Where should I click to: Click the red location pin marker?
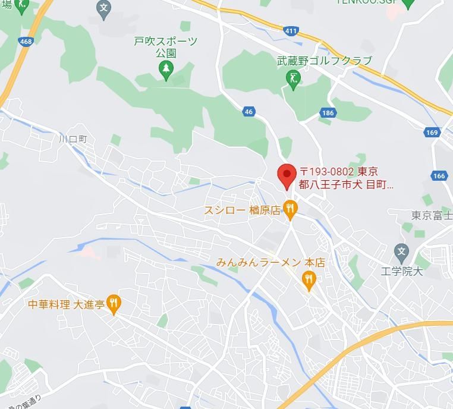point(287,175)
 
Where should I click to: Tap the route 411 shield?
point(291,31)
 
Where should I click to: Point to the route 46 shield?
point(248,111)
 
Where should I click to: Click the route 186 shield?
point(328,112)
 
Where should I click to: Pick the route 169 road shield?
point(432,133)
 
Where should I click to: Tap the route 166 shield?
point(439,176)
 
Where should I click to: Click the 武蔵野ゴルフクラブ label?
point(324,61)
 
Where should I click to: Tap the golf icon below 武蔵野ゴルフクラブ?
point(292,78)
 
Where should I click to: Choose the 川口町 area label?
point(73,139)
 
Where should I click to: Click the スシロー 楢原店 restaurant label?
point(241,210)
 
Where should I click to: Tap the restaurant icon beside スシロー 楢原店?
point(290,209)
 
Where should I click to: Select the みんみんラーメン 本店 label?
point(270,262)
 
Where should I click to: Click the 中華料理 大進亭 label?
point(65,304)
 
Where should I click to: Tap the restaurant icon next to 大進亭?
point(114,304)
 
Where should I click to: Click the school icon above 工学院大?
point(402,250)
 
